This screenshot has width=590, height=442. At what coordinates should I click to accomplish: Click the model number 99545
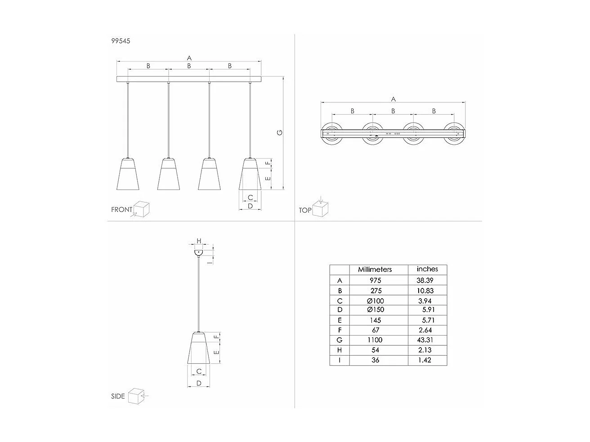[121, 41]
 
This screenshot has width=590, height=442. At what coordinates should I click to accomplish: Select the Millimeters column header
[375, 270]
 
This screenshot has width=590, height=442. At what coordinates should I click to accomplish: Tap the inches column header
[427, 269]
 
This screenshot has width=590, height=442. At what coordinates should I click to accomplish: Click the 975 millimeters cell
[375, 280]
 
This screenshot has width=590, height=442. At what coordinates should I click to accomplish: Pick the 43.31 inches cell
[425, 340]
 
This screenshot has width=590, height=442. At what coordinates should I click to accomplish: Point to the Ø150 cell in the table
[375, 310]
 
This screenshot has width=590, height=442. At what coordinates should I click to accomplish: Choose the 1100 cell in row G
[375, 340]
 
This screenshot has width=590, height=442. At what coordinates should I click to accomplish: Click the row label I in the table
[340, 360]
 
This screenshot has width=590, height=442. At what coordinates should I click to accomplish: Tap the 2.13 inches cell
[425, 350]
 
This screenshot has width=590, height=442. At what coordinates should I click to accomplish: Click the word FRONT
[122, 209]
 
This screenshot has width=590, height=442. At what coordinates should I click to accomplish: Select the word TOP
[305, 210]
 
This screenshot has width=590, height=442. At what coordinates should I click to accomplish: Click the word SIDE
[118, 396]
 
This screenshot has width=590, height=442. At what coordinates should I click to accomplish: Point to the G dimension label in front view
[279, 133]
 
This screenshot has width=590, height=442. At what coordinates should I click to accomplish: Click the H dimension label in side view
[198, 241]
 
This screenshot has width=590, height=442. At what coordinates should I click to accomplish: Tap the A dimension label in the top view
[393, 99]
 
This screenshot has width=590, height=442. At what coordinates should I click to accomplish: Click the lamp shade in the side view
[198, 349]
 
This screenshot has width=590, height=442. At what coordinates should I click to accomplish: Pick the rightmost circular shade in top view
[454, 133]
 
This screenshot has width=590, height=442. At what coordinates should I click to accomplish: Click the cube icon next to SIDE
[135, 396]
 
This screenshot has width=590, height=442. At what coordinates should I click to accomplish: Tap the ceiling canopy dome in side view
[198, 253]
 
